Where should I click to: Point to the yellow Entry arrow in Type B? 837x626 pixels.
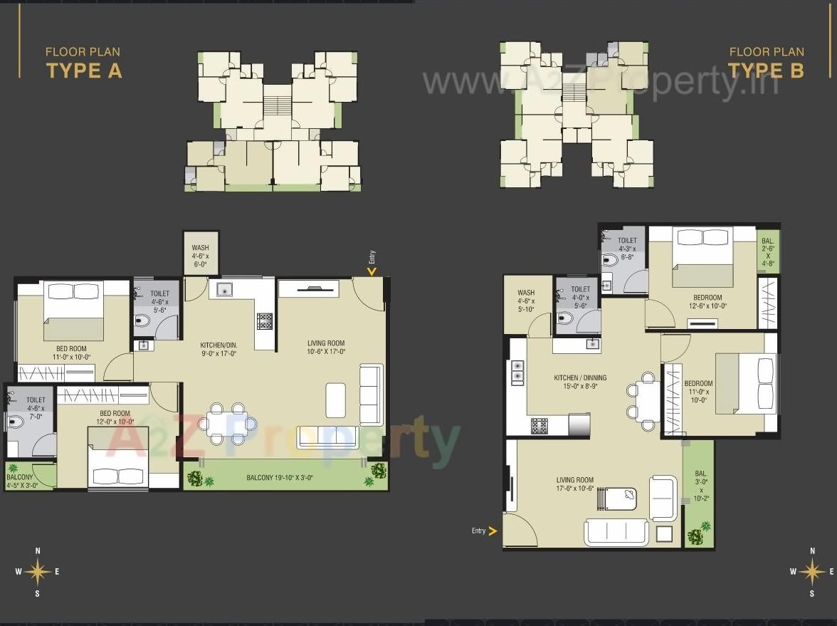tap(493, 531)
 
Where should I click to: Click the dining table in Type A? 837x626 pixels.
tap(227, 423)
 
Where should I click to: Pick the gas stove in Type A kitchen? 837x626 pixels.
tap(265, 321)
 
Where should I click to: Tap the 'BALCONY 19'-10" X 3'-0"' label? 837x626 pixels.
tap(280, 478)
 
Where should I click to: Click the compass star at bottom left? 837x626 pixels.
tap(37, 571)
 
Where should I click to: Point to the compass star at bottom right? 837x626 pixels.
tap(811, 571)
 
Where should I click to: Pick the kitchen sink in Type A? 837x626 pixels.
tap(224, 290)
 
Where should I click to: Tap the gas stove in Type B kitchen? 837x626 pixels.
tap(539, 426)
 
